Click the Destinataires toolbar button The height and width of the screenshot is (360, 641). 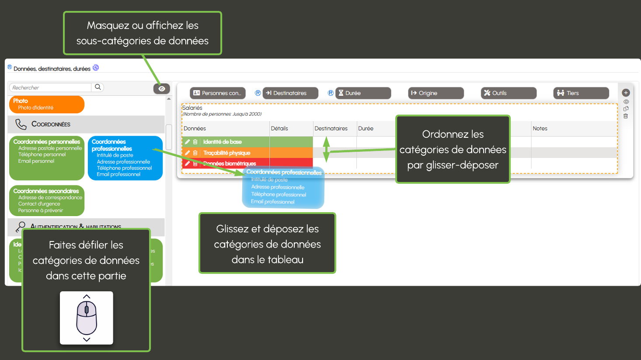tap(290, 93)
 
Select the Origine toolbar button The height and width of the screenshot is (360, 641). tap(435, 93)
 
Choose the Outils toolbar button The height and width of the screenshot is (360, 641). tap(508, 93)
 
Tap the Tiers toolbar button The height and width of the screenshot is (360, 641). tap(581, 93)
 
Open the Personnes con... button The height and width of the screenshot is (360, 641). tap(217, 93)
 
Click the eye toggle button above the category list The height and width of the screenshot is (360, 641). tap(161, 89)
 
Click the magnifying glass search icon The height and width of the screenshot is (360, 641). tap(98, 87)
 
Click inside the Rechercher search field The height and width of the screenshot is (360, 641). tap(50, 87)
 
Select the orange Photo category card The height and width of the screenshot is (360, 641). tap(46, 105)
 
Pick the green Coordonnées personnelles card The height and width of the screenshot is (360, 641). tap(46, 158)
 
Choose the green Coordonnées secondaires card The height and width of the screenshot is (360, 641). tap(46, 201)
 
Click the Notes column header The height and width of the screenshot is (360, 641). tap(540, 129)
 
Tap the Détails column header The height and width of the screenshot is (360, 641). tap(279, 129)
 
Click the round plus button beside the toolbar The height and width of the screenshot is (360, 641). tap(626, 93)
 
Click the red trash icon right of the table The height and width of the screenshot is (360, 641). tap(626, 116)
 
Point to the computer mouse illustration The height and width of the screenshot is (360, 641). tap(87, 318)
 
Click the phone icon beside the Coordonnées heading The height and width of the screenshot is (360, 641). tap(21, 124)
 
